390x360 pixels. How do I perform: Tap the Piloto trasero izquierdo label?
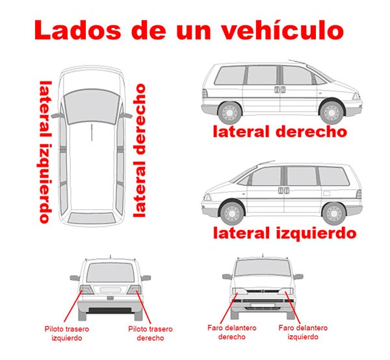click(x=67, y=333)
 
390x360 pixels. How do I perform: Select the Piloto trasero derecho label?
click(x=150, y=333)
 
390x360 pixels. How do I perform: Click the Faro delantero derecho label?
click(x=232, y=332)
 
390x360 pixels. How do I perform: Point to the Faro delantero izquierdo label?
click(x=303, y=332)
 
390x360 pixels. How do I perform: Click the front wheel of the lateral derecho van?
click(x=331, y=112)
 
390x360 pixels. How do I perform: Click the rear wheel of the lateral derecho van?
click(x=229, y=113)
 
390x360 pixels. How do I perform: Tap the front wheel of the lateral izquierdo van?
click(x=232, y=213)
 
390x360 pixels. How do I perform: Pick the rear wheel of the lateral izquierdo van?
click(x=334, y=214)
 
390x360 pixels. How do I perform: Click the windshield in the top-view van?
click(x=92, y=107)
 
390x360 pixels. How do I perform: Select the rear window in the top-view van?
click(x=92, y=218)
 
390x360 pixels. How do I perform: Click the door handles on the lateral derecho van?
click(x=279, y=90)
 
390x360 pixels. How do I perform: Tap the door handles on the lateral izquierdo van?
click(x=283, y=190)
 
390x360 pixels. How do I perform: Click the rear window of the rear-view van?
click(x=110, y=272)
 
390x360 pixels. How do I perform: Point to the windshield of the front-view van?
click(x=263, y=268)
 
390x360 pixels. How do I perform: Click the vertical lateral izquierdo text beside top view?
click(x=45, y=152)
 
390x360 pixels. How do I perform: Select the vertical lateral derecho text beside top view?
click(x=139, y=151)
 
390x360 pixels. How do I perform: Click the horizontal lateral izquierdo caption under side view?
click(x=285, y=233)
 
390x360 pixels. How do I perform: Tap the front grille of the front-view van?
click(x=263, y=291)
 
